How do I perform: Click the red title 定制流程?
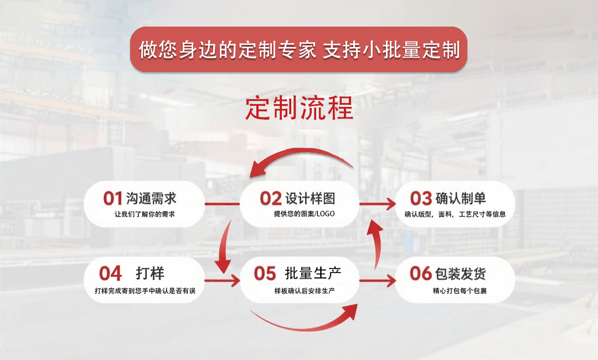(299, 109)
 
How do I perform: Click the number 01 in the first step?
(112, 198)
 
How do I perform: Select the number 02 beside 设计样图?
(271, 198)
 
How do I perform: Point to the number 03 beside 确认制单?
(421, 198)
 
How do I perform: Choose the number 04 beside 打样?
(110, 273)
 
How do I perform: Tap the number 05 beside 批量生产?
(265, 273)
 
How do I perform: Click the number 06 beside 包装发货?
(420, 273)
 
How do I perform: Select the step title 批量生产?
(313, 272)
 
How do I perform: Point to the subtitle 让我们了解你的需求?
(145, 214)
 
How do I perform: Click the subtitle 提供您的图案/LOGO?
(304, 214)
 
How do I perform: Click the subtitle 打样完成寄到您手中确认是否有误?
(146, 291)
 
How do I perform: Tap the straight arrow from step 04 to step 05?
(221, 280)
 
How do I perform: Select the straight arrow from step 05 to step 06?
(378, 280)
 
